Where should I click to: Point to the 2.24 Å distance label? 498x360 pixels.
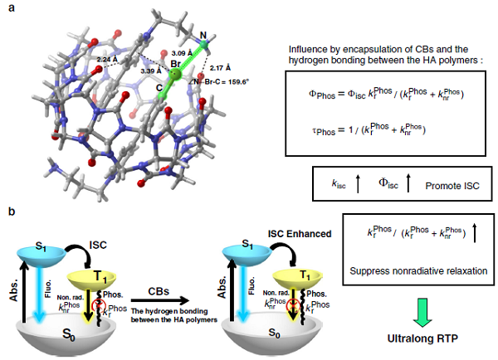coord(109,60)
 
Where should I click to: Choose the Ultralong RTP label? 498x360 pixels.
coord(405,339)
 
